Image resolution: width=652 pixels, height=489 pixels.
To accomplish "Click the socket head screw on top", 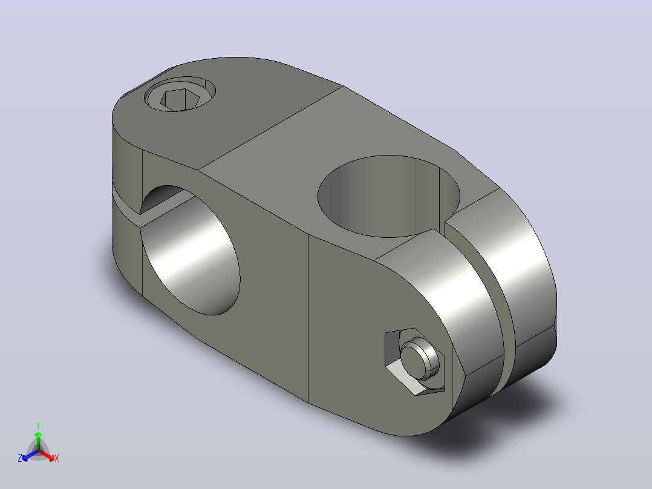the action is pyautogui.click(x=180, y=94).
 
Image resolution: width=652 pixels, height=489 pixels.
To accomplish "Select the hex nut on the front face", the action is pyautogui.click(x=414, y=361).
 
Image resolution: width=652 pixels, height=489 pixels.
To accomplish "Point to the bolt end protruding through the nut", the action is pyautogui.click(x=420, y=359).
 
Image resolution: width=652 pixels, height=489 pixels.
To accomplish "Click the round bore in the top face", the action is pyautogui.click(x=389, y=196).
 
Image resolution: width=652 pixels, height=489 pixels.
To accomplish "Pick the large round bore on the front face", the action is pyautogui.click(x=190, y=250).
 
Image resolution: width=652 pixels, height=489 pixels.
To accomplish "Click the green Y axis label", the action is pyautogui.click(x=38, y=425).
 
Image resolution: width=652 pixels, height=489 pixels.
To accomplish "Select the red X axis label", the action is pyautogui.click(x=57, y=458).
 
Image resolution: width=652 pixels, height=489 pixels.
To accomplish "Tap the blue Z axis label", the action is pyautogui.click(x=20, y=458).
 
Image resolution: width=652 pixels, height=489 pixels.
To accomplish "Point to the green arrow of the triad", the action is pyautogui.click(x=38, y=441).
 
